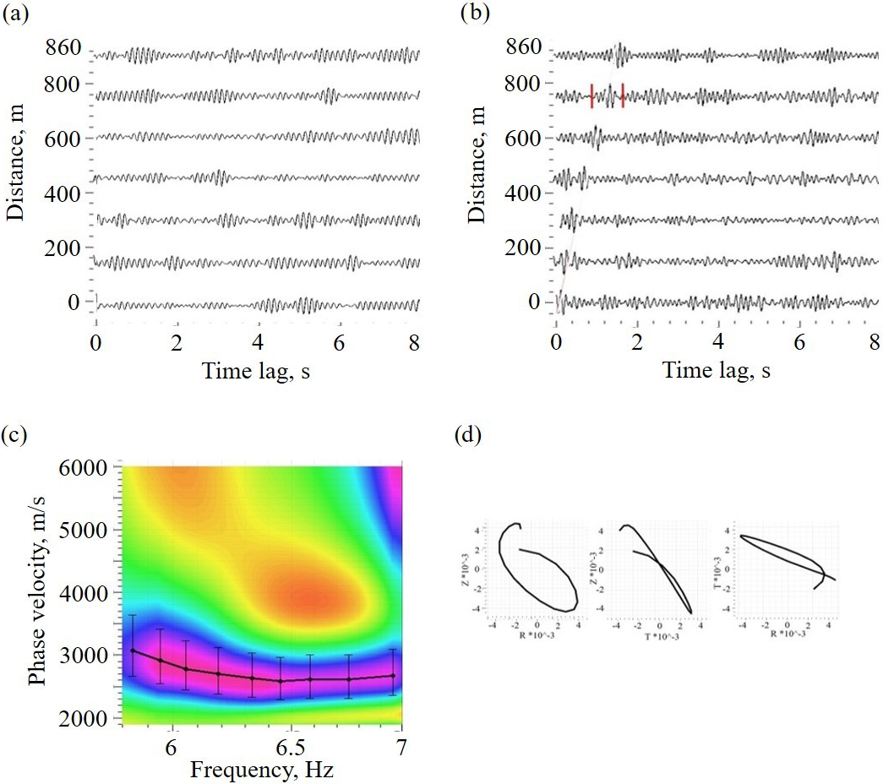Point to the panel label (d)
click(469, 436)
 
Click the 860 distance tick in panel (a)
click(63, 48)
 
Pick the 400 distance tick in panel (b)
click(524, 193)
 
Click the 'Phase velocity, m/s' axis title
click(36, 591)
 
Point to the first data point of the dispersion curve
click(133, 651)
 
